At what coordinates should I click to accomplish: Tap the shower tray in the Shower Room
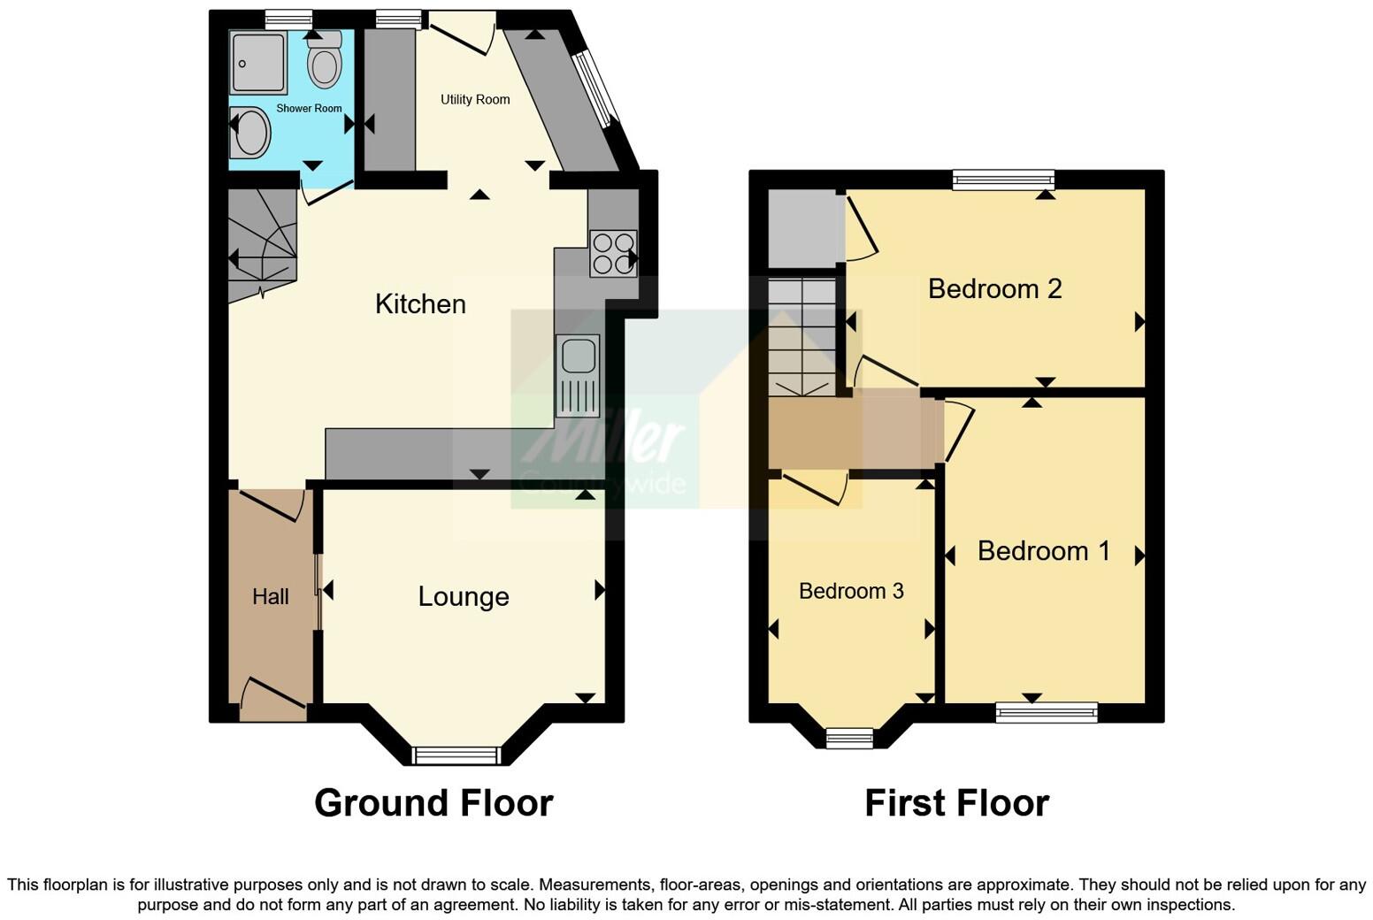click(257, 63)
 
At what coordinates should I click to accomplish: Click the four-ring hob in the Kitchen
click(612, 253)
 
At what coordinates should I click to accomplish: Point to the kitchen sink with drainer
click(578, 375)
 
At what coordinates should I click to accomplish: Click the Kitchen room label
click(420, 304)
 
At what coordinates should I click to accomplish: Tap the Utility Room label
click(475, 100)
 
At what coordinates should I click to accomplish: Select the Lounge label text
click(464, 597)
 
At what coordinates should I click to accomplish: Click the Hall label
click(270, 597)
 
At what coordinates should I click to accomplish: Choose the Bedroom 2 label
click(994, 289)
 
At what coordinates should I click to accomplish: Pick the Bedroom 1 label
click(1043, 551)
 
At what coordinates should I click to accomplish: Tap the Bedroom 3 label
click(851, 591)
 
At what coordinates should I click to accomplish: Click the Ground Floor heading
click(433, 803)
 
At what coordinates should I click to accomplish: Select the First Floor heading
click(956, 803)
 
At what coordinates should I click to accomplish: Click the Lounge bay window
click(456, 755)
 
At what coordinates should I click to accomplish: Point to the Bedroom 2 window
click(1004, 180)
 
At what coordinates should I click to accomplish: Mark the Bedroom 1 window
click(1047, 712)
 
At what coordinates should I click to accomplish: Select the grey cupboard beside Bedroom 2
click(802, 228)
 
